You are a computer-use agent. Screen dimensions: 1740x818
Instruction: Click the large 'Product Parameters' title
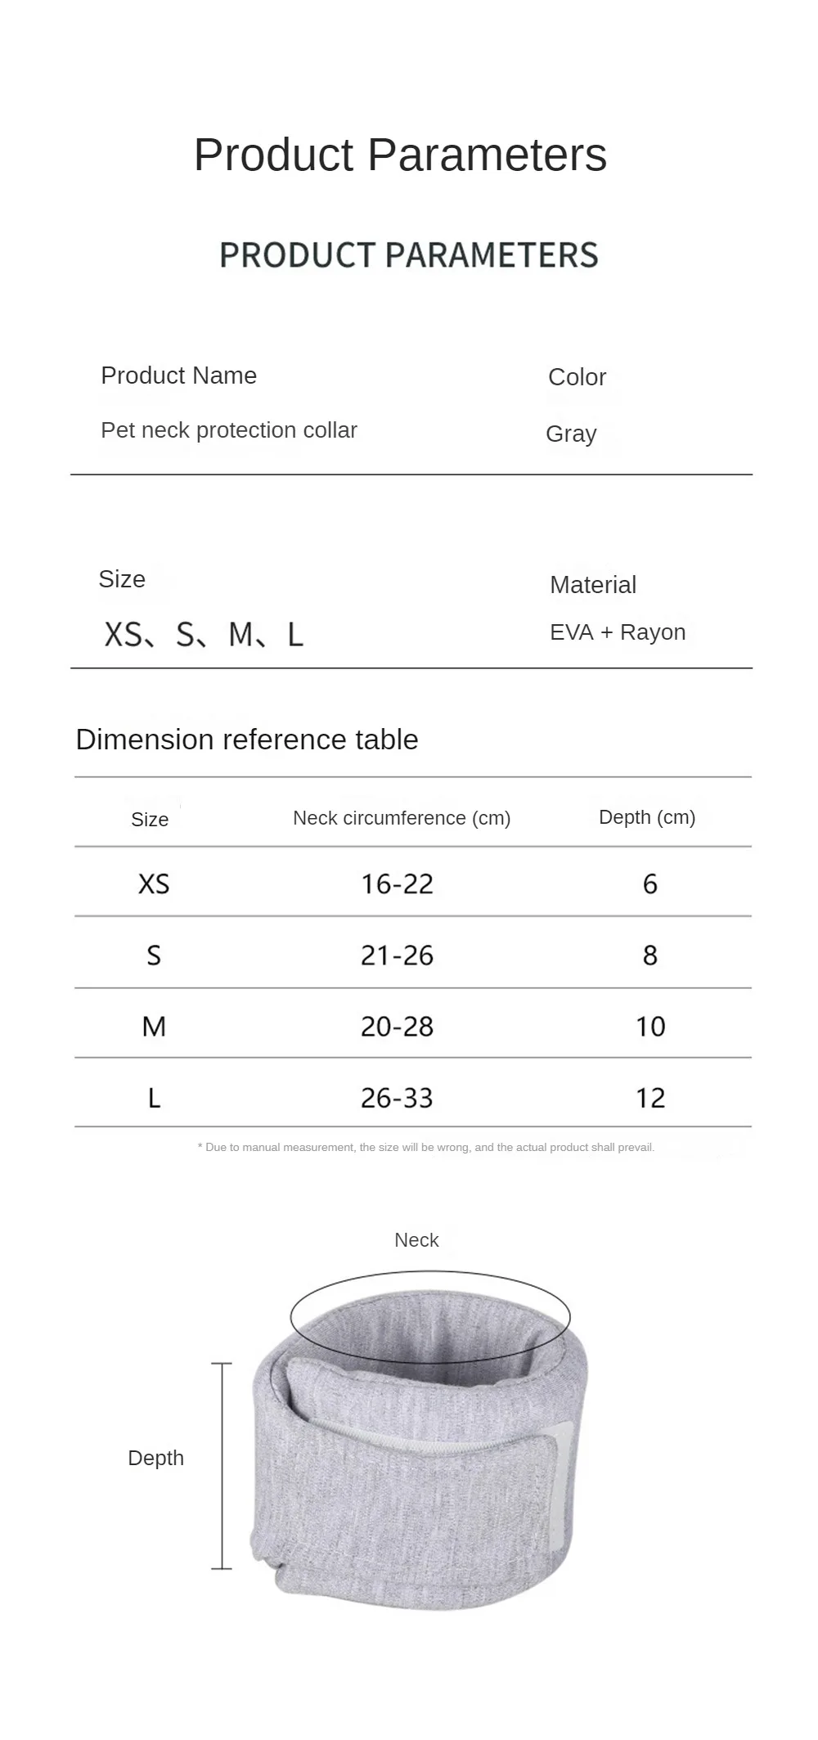(400, 155)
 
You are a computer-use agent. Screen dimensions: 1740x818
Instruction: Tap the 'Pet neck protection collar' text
(229, 430)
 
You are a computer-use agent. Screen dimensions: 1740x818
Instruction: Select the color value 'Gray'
(571, 434)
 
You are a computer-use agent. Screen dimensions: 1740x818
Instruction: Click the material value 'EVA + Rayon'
(618, 632)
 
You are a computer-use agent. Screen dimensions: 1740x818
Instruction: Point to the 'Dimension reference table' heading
(247, 740)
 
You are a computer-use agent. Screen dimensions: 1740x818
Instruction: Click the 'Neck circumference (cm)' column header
(402, 818)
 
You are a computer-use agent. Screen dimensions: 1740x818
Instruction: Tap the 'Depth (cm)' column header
(647, 817)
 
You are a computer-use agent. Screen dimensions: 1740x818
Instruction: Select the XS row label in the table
(154, 884)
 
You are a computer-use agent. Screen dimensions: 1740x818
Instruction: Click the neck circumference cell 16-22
(398, 884)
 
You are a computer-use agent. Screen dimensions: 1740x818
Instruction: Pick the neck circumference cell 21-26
(398, 955)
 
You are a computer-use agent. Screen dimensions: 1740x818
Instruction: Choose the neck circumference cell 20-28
(398, 1027)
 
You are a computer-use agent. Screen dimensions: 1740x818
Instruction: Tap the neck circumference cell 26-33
(398, 1098)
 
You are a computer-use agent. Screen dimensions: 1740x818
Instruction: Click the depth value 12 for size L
(650, 1098)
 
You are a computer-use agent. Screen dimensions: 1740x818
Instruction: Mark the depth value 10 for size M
(650, 1027)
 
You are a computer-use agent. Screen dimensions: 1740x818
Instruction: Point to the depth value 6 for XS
(650, 884)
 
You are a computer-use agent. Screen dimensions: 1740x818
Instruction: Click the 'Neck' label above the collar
(416, 1240)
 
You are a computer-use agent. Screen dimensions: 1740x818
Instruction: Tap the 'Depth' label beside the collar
(156, 1458)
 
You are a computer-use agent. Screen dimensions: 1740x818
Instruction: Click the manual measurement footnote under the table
(426, 1148)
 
